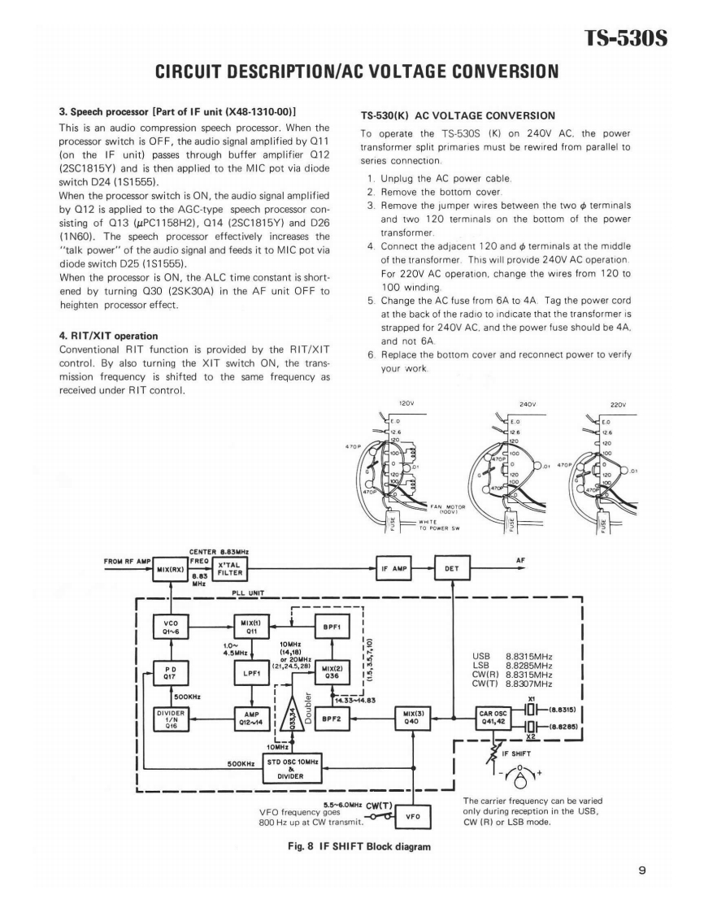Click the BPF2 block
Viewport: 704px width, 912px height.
(334, 719)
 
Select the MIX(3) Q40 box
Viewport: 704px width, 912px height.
(412, 719)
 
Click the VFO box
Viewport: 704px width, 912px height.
(412, 816)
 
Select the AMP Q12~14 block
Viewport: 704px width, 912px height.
(251, 719)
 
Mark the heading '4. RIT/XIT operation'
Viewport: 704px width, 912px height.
(108, 336)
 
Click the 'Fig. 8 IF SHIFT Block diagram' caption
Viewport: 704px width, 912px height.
(351, 846)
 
